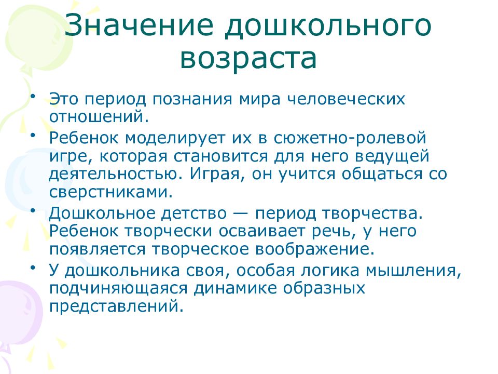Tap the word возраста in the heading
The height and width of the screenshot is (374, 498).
[248, 59]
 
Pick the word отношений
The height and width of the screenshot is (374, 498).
[99, 116]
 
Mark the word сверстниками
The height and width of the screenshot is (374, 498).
[110, 191]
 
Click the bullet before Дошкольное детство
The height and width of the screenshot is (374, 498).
[33, 210]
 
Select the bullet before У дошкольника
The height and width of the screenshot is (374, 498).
[33, 267]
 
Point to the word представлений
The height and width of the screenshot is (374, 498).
[116, 306]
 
